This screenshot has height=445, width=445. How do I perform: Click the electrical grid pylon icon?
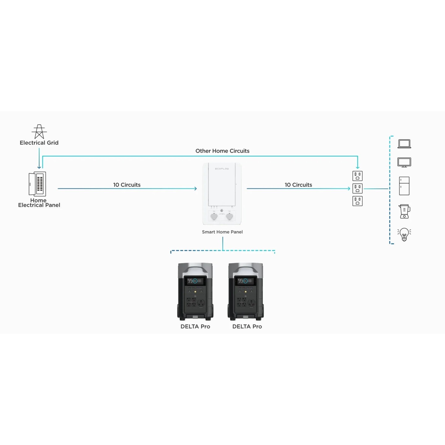39,132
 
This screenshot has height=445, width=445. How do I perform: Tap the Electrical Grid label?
39,143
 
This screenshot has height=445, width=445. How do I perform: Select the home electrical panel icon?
37,184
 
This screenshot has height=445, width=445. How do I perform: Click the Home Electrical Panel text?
39,203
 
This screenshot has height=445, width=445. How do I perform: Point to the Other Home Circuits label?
222,151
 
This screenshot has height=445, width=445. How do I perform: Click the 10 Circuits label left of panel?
127,185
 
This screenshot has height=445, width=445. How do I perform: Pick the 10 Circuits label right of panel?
298,185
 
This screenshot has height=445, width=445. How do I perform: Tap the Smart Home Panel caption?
222,232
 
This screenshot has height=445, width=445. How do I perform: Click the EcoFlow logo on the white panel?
222,169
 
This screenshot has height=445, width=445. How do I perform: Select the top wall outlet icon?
358,176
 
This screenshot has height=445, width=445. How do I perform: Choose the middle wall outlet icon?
358,189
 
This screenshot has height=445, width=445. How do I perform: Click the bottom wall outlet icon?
358,201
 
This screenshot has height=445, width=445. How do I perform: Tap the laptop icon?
404,144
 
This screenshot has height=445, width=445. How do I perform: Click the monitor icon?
404,163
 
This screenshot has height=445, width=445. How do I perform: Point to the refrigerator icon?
404,186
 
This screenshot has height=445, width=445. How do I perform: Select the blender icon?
404,212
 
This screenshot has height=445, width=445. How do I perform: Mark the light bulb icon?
404,234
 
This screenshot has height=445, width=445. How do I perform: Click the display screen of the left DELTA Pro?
195,281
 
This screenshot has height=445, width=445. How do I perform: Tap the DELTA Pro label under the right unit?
247,327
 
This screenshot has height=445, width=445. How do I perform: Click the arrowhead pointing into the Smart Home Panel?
196,189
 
